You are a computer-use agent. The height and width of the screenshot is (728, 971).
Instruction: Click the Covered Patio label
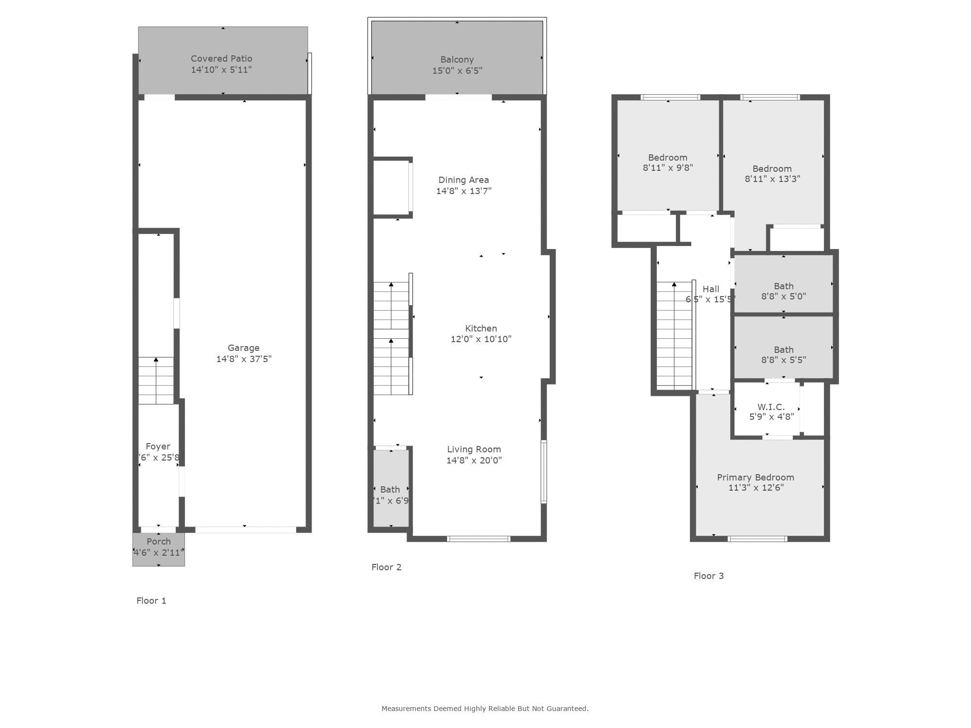coord(221,59)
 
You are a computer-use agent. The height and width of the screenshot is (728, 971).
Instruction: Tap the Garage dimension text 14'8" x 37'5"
coord(244,359)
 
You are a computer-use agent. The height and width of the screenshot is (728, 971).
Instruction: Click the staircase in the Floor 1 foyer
coord(156,381)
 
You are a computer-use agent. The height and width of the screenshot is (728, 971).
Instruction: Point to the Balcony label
coord(457,60)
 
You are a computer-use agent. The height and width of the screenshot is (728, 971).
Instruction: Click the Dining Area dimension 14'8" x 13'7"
coord(464,191)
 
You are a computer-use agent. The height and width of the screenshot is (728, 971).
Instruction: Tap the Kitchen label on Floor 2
coord(481,329)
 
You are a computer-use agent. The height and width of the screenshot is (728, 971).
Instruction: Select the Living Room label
coord(474,449)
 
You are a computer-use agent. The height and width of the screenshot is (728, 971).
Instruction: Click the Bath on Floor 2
coord(390,489)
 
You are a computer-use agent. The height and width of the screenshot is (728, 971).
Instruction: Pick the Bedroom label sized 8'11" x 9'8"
coord(668,158)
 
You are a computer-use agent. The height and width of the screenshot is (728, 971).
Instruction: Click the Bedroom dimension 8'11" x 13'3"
coord(772,179)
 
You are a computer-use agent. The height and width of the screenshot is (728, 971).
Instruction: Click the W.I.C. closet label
coord(771,407)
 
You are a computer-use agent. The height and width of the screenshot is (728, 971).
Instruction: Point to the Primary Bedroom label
coord(755,478)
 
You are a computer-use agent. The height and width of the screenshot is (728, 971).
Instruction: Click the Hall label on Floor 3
coord(711,289)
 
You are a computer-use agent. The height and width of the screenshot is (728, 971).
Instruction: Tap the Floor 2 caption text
coord(386,567)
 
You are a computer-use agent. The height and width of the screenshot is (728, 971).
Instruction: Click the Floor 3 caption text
coord(708,576)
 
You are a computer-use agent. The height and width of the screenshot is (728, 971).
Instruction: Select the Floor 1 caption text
coord(151,601)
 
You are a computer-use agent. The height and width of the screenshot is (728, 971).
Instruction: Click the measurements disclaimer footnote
coord(485,709)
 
